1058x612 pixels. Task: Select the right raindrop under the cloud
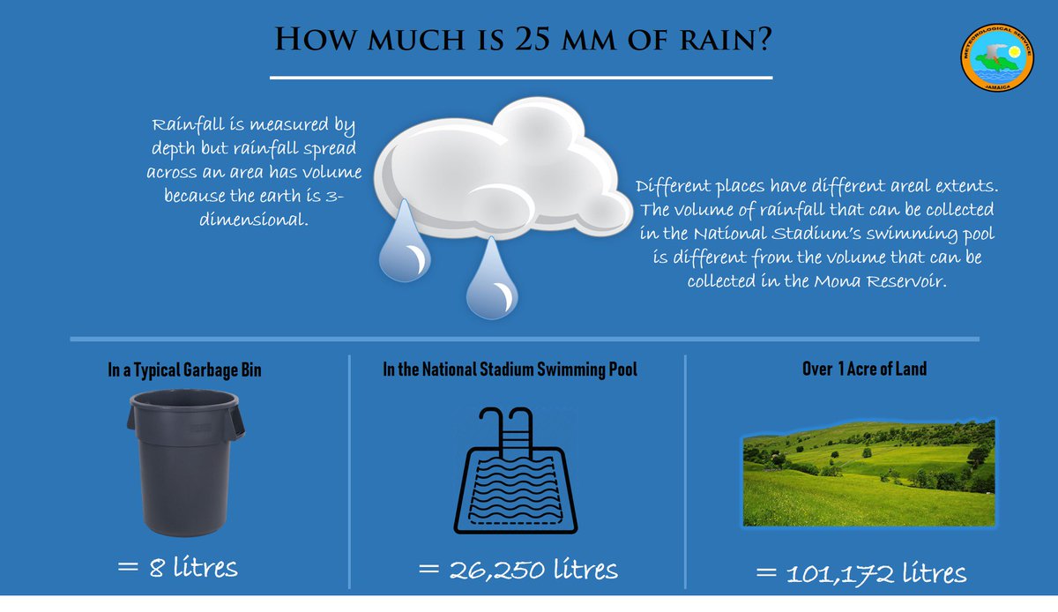[490, 280]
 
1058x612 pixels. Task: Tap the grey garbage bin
[186, 462]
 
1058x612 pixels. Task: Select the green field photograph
[868, 473]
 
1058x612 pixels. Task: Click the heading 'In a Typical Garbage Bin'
[184, 370]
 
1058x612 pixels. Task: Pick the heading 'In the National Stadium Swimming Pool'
[510, 370]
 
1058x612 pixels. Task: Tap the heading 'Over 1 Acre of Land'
[864, 369]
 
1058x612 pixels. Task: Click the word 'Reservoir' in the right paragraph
[900, 282]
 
